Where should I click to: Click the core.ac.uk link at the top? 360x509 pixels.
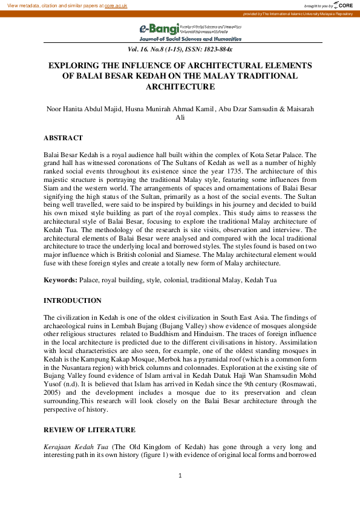(x=116, y=5)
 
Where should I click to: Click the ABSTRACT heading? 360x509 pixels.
(x=63, y=138)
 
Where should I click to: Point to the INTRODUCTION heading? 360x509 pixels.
(x=73, y=300)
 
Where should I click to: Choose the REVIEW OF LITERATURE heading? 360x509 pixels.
(x=90, y=429)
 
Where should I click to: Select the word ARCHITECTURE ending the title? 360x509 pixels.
(x=180, y=86)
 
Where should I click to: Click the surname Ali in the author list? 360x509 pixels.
(x=180, y=118)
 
